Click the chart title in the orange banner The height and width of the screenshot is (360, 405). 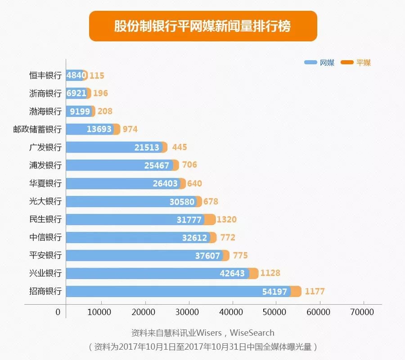coord(202,26)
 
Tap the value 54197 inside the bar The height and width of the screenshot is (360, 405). coord(274,292)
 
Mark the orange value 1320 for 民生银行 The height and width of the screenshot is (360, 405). coord(226,220)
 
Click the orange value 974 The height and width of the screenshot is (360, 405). coord(130,130)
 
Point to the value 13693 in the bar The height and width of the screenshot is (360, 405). coord(99,130)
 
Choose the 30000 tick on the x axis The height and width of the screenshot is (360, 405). coord(188,311)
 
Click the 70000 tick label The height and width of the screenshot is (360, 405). coord(363,311)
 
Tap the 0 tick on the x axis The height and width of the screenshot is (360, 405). coord(58,311)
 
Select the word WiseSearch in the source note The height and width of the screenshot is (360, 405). coord(252,333)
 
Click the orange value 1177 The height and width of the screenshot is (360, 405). coord(315,292)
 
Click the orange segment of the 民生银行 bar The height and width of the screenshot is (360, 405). coord(210,220)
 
